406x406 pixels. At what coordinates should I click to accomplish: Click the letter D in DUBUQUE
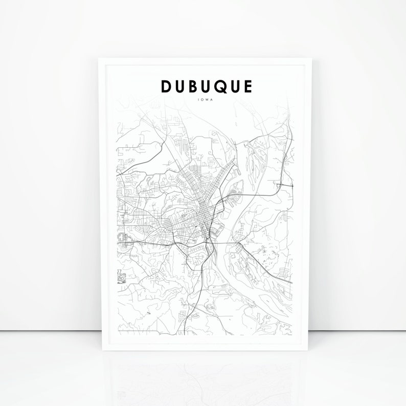click(x=167, y=86)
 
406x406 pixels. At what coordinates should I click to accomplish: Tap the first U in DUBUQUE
click(x=181, y=86)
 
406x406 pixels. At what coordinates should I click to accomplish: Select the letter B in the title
click(x=194, y=86)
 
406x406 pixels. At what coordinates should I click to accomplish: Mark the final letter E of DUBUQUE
click(x=249, y=86)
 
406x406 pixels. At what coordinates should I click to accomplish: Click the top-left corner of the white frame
click(x=99, y=59)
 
